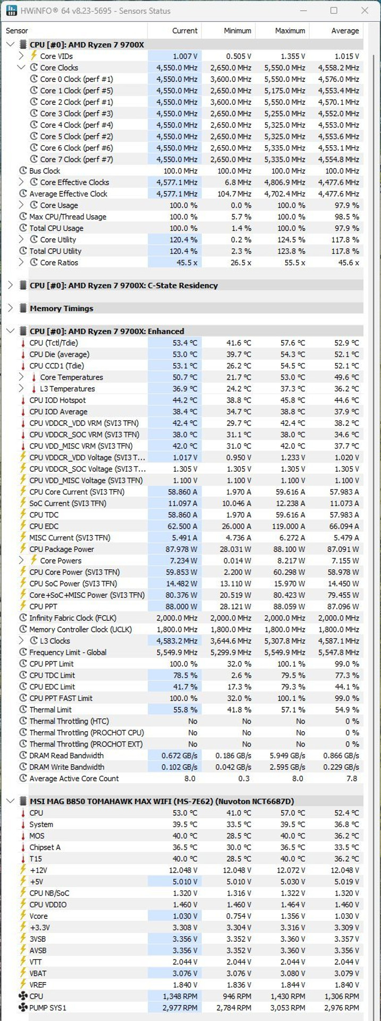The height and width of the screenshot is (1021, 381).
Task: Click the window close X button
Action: point(365,11)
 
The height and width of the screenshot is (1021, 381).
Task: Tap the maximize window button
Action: point(334,11)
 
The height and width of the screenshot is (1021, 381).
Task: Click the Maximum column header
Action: point(290,31)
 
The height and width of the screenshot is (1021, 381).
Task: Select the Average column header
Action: point(345,31)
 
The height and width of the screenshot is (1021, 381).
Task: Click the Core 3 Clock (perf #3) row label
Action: point(77,113)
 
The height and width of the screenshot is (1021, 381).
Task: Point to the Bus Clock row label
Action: point(45,171)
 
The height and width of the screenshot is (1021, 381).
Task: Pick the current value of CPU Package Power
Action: point(181,549)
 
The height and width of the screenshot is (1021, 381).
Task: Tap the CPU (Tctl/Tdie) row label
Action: point(54,343)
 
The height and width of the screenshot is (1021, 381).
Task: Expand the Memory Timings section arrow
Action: point(10,308)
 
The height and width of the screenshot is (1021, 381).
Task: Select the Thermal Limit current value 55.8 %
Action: point(183,710)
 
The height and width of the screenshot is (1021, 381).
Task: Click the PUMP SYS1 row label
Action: point(48,1008)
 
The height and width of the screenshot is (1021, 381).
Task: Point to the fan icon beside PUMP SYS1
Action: point(23,1008)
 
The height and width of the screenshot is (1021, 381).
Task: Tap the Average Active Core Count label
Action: point(74,779)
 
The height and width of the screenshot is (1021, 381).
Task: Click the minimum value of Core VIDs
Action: point(238,56)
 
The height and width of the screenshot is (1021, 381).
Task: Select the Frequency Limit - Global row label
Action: point(68,652)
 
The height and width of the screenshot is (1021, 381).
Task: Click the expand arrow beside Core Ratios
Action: point(21,263)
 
